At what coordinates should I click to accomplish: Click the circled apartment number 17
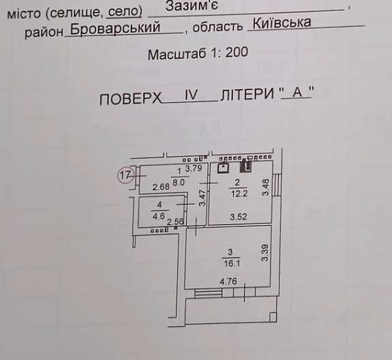tap(125, 175)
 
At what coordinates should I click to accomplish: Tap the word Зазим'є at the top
tap(192, 5)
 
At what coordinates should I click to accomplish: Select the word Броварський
tap(115, 28)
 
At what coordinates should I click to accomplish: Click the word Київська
tap(282, 22)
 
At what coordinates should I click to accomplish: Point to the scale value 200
tap(237, 52)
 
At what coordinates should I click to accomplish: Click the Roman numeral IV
tap(192, 95)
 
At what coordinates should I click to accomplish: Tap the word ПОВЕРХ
tap(130, 98)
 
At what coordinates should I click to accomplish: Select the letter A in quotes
tap(297, 92)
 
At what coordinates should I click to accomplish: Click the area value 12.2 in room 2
tap(239, 193)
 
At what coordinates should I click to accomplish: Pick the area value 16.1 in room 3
tap(232, 263)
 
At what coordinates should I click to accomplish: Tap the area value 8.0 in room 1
tap(179, 182)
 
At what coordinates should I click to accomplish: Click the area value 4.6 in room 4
tap(159, 215)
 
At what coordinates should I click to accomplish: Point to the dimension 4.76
tap(228, 282)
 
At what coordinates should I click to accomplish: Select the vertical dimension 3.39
tap(265, 253)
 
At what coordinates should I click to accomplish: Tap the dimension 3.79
tap(194, 168)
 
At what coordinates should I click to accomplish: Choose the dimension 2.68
tap(161, 187)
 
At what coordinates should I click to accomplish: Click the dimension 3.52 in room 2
tap(239, 217)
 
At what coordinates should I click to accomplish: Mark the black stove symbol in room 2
tap(245, 167)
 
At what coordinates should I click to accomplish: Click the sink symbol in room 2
tap(223, 168)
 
